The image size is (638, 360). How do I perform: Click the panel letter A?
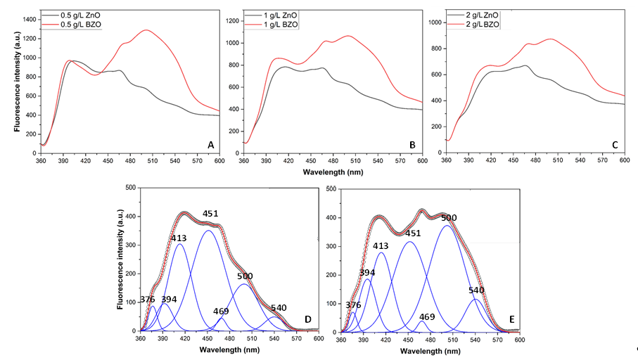[x=210, y=145]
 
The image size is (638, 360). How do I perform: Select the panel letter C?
[x=614, y=145]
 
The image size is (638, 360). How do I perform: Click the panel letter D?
[x=307, y=320]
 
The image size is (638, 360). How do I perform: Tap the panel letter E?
[x=511, y=320]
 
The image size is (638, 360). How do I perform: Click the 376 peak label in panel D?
[x=147, y=300]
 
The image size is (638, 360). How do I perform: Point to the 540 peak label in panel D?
[x=279, y=308]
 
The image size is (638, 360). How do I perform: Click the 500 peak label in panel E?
[x=449, y=218]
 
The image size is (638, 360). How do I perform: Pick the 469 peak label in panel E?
[x=427, y=317]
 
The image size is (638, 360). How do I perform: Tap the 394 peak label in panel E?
[x=367, y=272]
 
